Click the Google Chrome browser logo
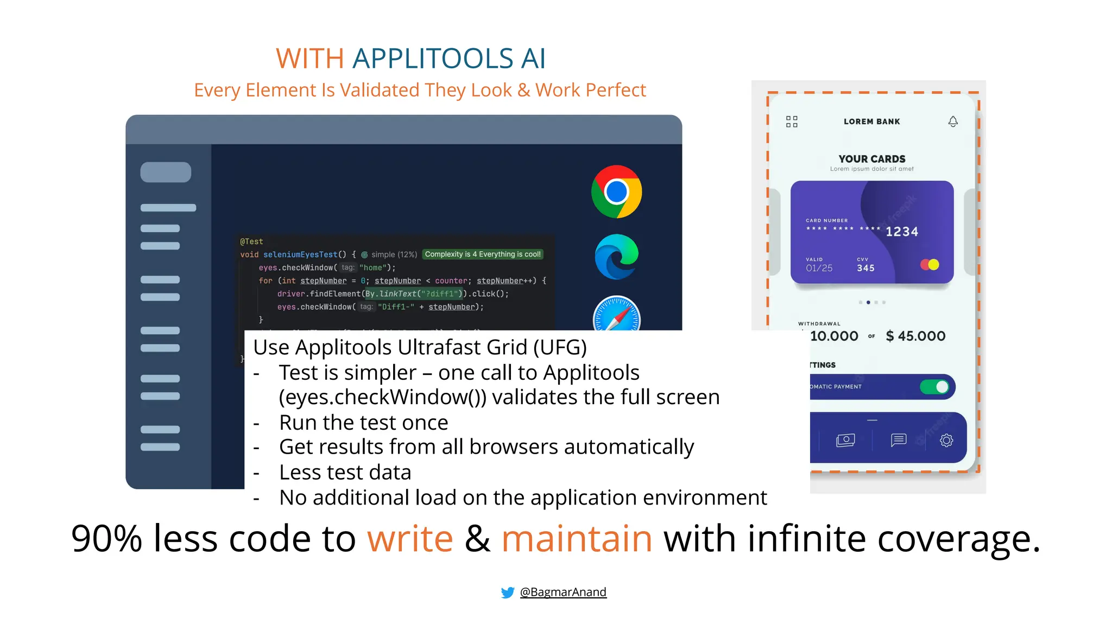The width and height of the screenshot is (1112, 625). pyautogui.click(x=616, y=192)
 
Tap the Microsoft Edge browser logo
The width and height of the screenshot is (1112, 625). pyautogui.click(x=616, y=257)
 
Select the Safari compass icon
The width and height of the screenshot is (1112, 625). pyautogui.click(x=616, y=315)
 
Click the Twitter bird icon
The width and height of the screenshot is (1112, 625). pyautogui.click(x=508, y=592)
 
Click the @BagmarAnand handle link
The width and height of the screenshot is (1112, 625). pyautogui.click(x=563, y=592)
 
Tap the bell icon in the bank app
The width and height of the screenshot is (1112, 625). pyautogui.click(x=953, y=122)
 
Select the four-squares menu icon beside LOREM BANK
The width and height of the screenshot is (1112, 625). pyautogui.click(x=792, y=122)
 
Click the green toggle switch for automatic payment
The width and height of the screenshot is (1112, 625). pyautogui.click(x=934, y=387)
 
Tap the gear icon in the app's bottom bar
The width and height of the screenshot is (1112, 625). pyautogui.click(x=946, y=440)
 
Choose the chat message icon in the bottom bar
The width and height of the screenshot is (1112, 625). pyautogui.click(x=899, y=439)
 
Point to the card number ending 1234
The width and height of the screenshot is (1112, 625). pyautogui.click(x=901, y=232)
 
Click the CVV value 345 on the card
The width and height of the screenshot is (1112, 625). pyautogui.click(x=865, y=268)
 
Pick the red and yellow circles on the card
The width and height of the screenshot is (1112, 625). pyautogui.click(x=930, y=265)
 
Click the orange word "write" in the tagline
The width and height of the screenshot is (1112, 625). pyautogui.click(x=410, y=539)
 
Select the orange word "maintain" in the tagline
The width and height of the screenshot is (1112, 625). pyautogui.click(x=577, y=539)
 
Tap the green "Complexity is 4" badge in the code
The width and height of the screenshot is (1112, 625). pyautogui.click(x=482, y=254)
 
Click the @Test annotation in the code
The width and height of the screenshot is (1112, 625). pyautogui.click(x=251, y=241)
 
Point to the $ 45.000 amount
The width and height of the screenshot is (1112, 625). pyautogui.click(x=915, y=336)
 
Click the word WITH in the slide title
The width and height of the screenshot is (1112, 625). pyautogui.click(x=309, y=59)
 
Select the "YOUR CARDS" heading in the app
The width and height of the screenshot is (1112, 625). pyautogui.click(x=871, y=159)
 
